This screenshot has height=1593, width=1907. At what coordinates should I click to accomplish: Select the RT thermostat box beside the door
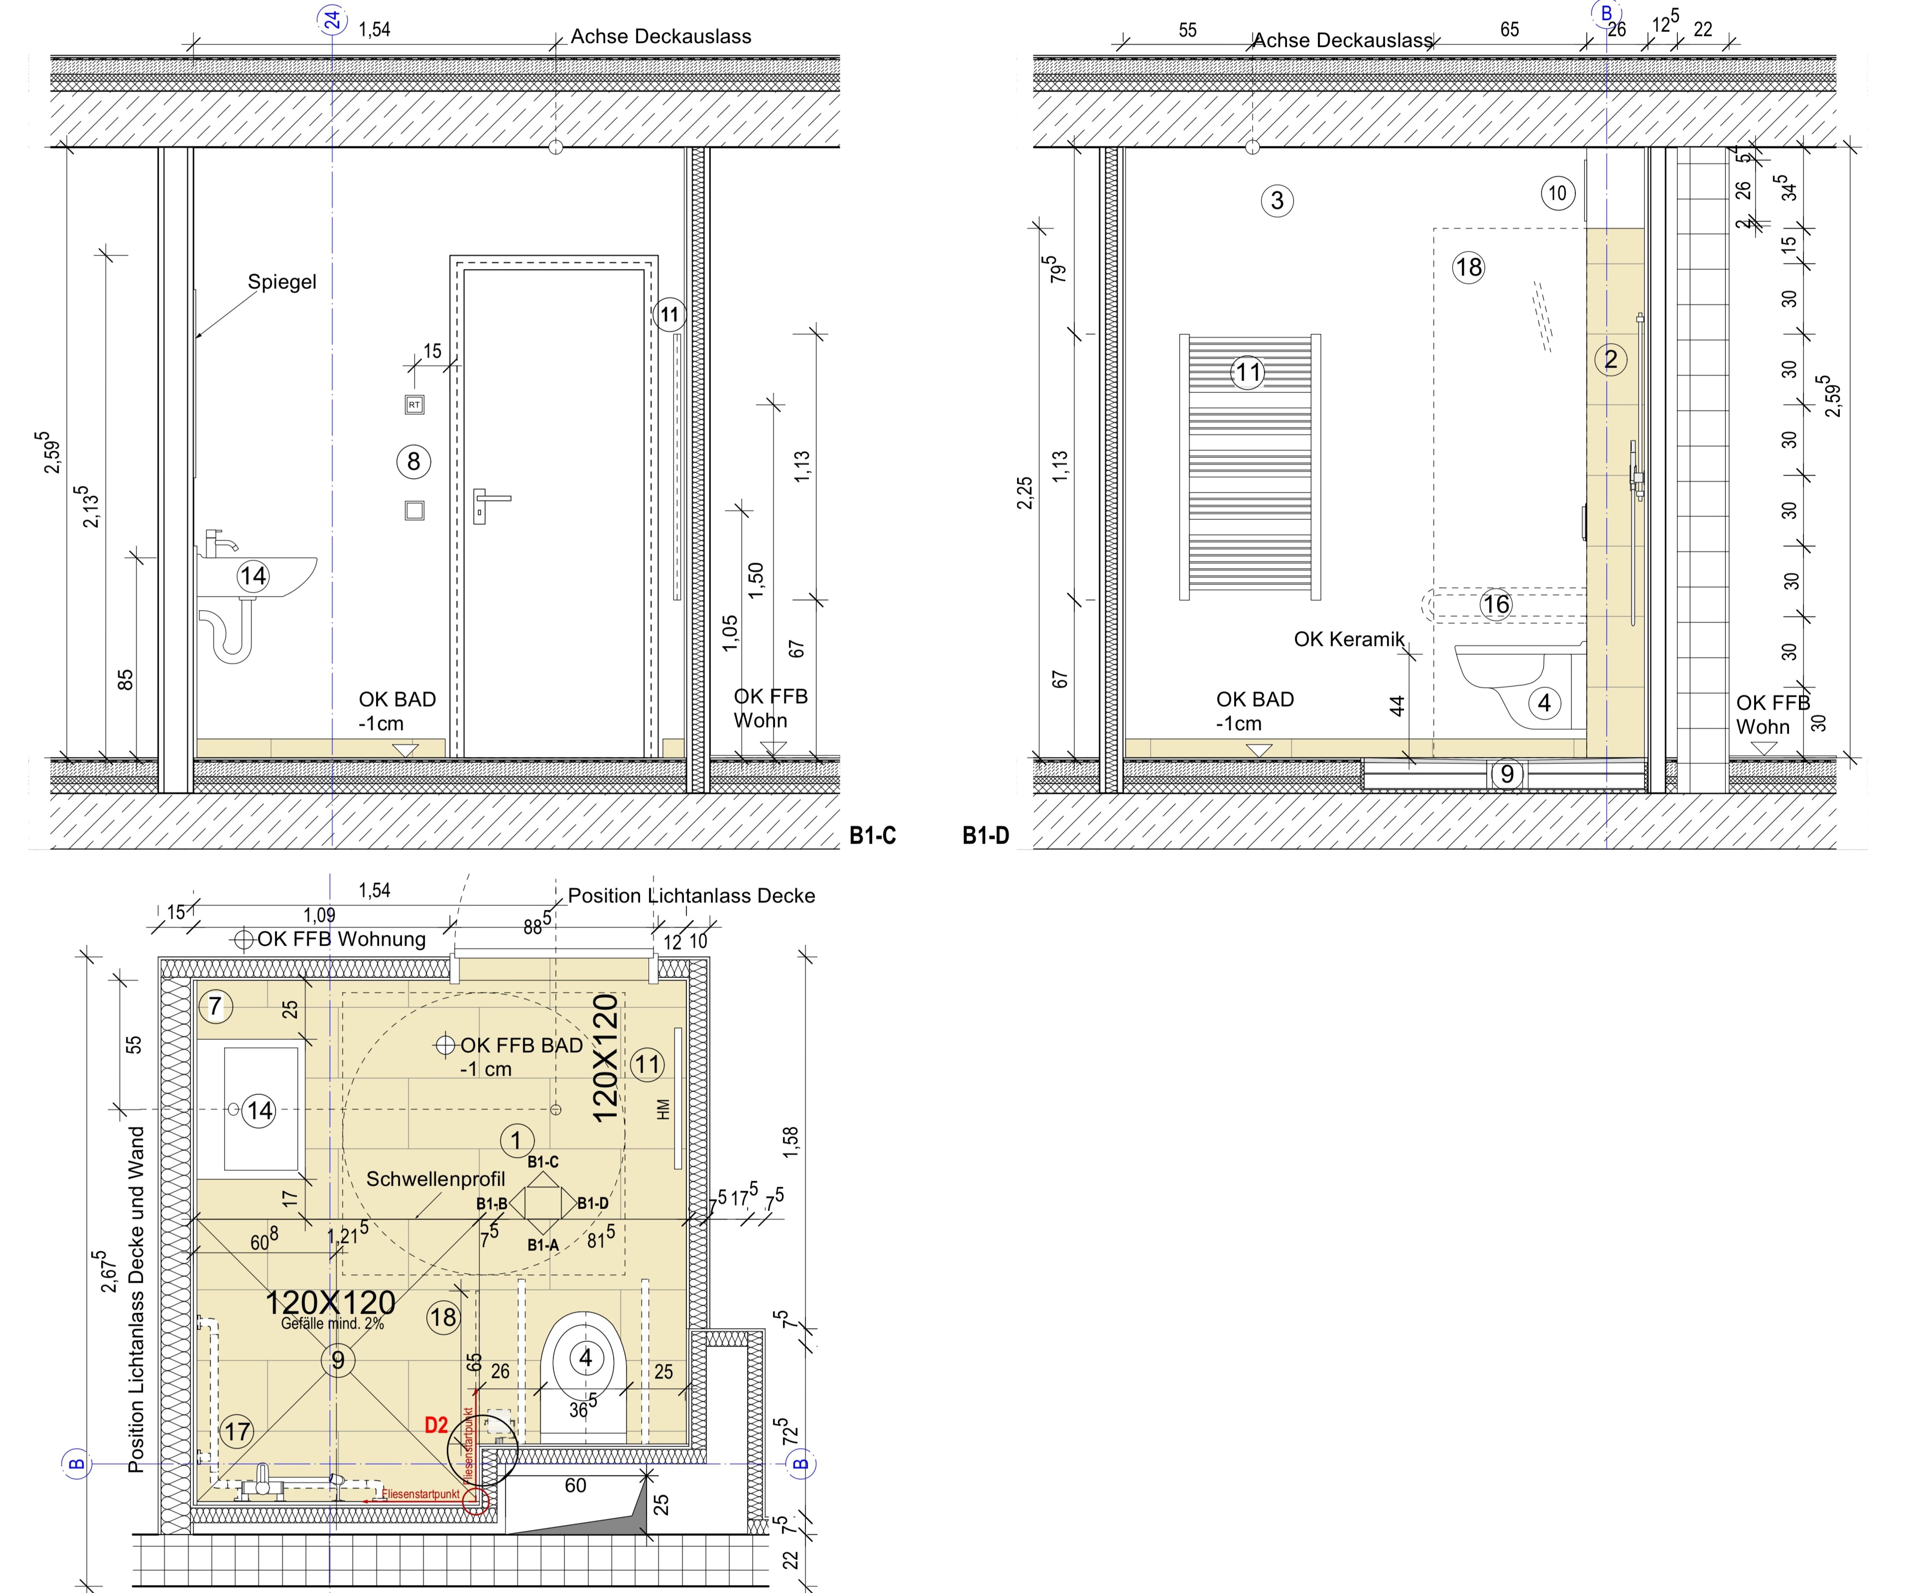pos(414,404)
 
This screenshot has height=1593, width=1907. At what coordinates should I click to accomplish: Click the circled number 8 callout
pos(414,462)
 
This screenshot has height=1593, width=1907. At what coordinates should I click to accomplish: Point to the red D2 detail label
pos(437,1425)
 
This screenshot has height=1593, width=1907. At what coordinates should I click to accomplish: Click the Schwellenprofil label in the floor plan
pos(436,1179)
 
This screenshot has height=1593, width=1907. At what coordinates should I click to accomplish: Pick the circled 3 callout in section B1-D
pos(1277,201)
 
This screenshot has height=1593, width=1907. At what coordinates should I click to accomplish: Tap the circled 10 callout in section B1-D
pos(1557,193)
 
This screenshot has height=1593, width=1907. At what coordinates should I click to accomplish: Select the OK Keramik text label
pos(1349,639)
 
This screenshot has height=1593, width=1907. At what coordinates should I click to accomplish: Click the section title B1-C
pos(873,836)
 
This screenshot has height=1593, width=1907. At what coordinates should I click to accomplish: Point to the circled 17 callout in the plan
pos(237,1432)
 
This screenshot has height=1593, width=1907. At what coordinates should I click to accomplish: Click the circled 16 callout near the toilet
pos(1496,604)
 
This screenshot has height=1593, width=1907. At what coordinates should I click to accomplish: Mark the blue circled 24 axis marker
pos(333,18)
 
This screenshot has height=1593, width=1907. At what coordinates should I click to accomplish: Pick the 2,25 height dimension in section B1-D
pos(1025,493)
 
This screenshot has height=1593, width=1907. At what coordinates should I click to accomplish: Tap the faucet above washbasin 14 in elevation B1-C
pos(220,543)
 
